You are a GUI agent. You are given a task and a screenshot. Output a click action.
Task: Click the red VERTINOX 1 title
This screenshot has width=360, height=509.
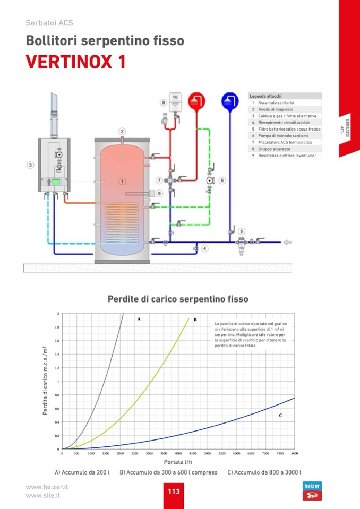[76, 62]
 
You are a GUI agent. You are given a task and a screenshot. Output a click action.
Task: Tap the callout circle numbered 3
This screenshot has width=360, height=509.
[31, 166]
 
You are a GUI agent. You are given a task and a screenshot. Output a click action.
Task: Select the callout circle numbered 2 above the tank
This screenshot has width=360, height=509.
[122, 131]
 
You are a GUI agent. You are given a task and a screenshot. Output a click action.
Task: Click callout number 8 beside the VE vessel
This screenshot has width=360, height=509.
[164, 102]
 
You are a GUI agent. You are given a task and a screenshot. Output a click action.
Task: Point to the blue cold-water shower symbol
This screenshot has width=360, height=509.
[230, 100]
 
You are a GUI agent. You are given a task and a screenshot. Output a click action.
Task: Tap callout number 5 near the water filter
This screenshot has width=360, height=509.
[242, 231]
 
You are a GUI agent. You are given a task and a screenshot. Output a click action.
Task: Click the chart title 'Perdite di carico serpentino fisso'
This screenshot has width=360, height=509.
[178, 299]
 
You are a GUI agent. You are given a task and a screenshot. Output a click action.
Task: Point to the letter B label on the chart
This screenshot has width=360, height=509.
[195, 320]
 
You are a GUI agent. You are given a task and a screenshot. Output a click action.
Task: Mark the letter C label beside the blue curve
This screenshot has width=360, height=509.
[280, 416]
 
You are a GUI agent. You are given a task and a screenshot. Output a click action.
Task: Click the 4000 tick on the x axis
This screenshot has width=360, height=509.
[178, 454]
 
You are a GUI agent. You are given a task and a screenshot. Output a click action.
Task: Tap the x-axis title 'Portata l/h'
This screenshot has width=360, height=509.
[178, 462]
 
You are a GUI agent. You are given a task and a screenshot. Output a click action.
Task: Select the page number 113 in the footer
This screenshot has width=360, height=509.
[174, 491]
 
